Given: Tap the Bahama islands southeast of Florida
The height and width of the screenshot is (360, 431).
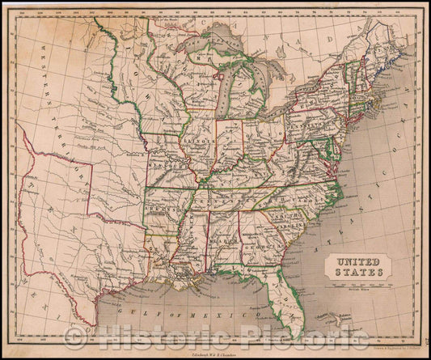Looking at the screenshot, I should [351, 327].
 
